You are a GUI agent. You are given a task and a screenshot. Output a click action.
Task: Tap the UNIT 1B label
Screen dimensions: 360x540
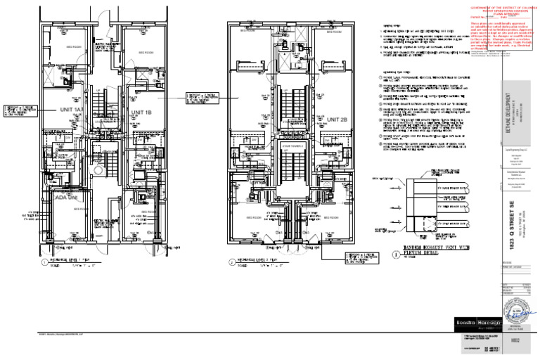141,112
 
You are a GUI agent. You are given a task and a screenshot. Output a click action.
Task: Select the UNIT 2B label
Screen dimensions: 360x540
337,120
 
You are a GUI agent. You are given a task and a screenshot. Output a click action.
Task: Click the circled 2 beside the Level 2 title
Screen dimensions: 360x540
231,262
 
